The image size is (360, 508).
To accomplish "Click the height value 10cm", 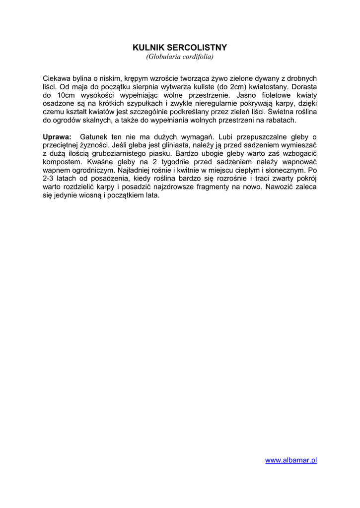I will [66, 95].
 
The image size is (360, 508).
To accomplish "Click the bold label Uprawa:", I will [57, 136].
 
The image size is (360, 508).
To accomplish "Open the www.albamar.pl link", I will [291, 460].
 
